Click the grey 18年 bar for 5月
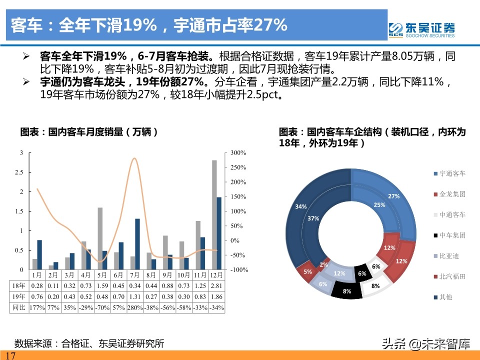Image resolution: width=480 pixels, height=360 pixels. tap(100, 238)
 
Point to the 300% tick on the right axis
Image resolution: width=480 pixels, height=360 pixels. tap(238, 152)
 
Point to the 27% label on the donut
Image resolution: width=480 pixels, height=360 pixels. tap(393, 196)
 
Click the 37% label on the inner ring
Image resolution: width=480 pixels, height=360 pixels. tap(313, 218)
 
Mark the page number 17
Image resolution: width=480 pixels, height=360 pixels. tap(10, 355)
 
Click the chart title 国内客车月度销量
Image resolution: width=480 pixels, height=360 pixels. tap(89, 132)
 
